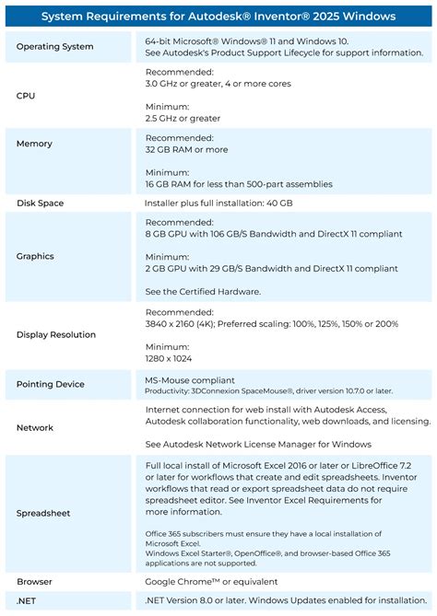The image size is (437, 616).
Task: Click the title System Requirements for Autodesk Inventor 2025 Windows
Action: point(218,16)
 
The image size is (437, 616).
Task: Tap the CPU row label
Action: point(27,95)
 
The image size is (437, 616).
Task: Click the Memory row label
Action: point(34,144)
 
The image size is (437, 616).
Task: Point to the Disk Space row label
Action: point(40,203)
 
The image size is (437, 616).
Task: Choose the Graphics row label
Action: point(35,256)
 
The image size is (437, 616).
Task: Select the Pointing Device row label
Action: point(51,384)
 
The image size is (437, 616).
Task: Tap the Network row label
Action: point(35,427)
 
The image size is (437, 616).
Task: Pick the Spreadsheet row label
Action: point(43,513)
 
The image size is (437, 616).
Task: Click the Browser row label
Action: point(35,582)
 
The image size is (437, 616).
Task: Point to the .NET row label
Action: point(28,601)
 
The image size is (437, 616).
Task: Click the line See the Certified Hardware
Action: point(203,291)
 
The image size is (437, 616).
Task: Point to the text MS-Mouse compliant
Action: point(190,378)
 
